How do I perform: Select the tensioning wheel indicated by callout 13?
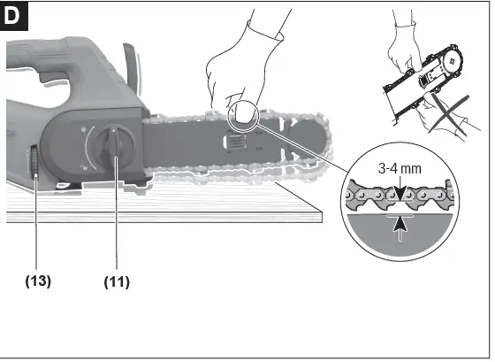34,163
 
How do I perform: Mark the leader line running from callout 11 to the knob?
116,221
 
